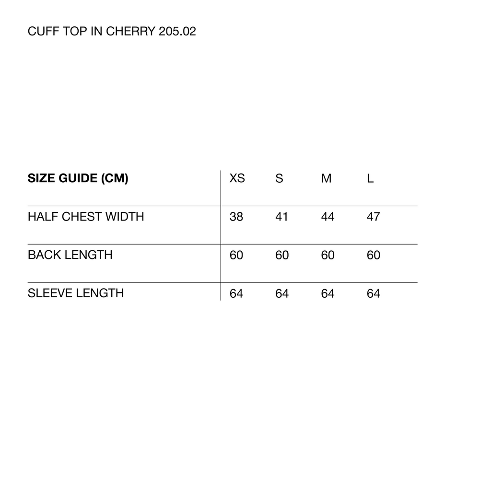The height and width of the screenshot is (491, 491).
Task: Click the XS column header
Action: tap(237, 178)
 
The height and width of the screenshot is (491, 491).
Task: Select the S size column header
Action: tap(279, 178)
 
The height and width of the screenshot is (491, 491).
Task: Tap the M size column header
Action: tap(326, 178)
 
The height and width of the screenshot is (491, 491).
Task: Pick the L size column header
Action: tap(370, 178)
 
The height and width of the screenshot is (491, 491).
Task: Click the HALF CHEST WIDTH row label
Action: tap(86, 216)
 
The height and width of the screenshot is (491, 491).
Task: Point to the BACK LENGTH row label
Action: tap(70, 255)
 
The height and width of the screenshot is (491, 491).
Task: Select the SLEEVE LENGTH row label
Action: tap(76, 293)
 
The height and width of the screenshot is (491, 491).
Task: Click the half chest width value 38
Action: tap(236, 216)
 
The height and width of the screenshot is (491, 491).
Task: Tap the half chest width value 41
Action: tap(281, 216)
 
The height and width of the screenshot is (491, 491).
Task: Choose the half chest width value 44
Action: tap(327, 216)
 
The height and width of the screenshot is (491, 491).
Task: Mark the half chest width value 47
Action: tap(373, 216)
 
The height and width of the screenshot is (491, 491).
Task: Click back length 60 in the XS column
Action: tap(236, 255)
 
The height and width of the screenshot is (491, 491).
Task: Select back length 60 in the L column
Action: tap(373, 255)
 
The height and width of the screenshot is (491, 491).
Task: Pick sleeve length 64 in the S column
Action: tap(282, 293)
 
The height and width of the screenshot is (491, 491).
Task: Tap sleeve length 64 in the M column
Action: tap(327, 293)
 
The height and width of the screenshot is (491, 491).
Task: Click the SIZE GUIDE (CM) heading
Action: tap(78, 178)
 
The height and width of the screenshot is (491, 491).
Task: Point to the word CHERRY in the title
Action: tap(130, 31)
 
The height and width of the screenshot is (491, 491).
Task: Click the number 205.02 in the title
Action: tap(177, 31)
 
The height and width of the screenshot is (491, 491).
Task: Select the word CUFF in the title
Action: tap(44, 31)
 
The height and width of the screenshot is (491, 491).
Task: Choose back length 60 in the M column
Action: tap(327, 255)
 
